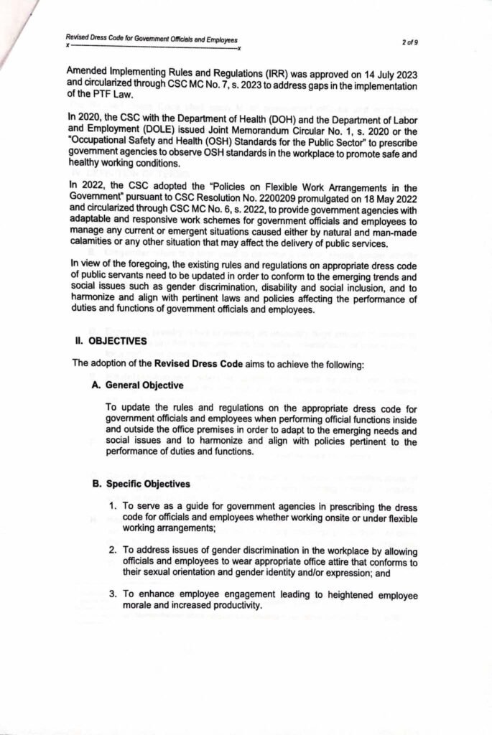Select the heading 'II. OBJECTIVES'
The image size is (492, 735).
pyautogui.click(x=111, y=342)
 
